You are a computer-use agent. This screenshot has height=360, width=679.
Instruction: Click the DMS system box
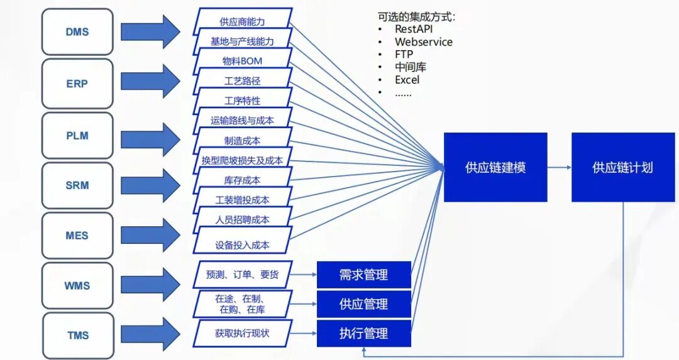77,31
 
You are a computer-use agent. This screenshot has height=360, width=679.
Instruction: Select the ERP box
77,84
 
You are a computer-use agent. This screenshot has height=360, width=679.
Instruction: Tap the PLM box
77,136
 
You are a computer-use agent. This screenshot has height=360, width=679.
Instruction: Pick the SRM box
77,185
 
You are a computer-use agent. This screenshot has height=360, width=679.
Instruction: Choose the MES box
77,236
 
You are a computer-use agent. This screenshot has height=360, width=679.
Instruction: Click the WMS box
77,286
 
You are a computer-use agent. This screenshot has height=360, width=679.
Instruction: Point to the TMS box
79,335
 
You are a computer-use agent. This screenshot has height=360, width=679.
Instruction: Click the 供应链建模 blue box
495,168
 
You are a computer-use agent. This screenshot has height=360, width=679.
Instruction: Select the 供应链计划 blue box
623,168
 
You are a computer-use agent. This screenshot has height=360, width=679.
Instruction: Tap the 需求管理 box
364,275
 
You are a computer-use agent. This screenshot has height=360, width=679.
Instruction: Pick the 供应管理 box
364,304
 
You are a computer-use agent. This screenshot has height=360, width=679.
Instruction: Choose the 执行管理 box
364,333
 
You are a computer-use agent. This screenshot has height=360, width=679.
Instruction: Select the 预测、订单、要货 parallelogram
243,275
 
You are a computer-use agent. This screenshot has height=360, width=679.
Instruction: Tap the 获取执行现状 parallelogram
243,333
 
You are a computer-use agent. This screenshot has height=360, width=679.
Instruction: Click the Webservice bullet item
424,42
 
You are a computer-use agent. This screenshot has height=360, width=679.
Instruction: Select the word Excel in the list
407,80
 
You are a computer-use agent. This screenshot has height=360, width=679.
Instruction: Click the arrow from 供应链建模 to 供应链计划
560,168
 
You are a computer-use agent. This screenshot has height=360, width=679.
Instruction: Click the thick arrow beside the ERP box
150,81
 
